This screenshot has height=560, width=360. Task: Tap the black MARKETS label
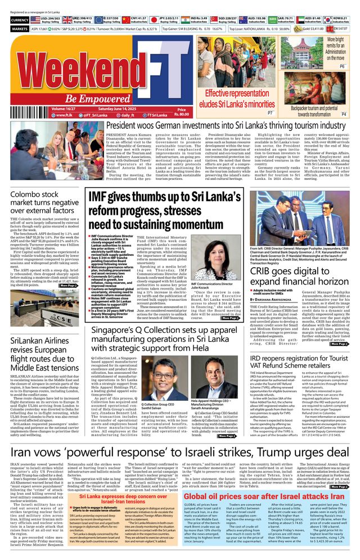point(20,28)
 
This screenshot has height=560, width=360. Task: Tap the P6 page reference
point(343,66)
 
